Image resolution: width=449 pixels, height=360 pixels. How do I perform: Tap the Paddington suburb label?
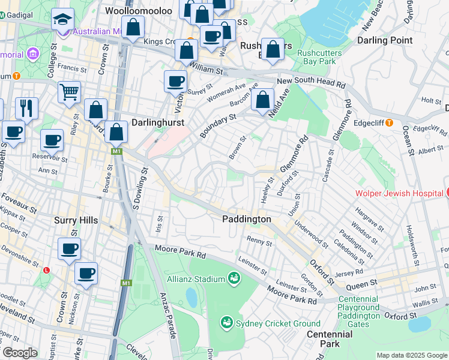tap(247, 219)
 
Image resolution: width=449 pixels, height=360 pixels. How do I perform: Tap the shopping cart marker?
tap(70, 92)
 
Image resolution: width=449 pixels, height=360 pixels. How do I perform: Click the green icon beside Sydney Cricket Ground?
tap(226, 323)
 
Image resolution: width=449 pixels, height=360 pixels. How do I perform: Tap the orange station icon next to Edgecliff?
tap(389, 122)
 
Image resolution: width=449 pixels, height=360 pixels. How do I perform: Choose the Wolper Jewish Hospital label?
tap(398, 193)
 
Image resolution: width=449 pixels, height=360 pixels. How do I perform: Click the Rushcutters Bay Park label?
tap(319, 57)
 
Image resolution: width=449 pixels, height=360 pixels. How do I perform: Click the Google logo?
tap(19, 353)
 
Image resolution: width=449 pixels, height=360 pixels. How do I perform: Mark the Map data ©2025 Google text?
tap(411, 355)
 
